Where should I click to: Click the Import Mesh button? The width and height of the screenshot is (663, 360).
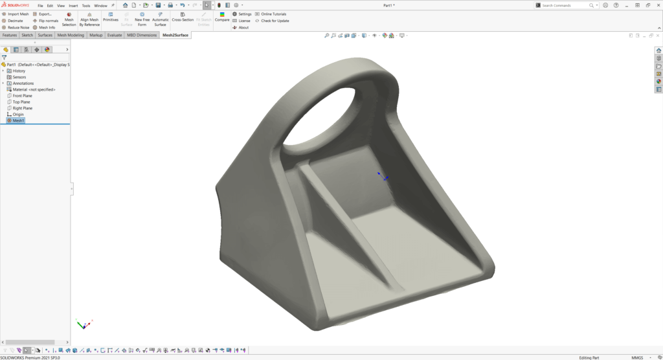[x=16, y=14]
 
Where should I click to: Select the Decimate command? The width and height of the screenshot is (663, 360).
[x=13, y=21]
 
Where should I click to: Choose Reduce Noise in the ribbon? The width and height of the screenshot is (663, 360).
[x=16, y=28]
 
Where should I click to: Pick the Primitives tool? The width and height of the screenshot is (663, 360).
[x=111, y=17]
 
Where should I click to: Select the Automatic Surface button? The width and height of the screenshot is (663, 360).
[x=160, y=20]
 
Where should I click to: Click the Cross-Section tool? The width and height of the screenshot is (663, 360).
[x=183, y=17]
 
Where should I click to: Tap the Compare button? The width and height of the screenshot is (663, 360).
[x=222, y=17]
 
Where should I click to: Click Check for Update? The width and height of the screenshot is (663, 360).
[x=272, y=21]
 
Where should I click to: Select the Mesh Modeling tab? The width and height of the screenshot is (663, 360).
[x=71, y=35]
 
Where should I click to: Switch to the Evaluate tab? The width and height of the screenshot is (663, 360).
[x=115, y=35]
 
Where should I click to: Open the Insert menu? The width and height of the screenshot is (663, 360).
[x=73, y=5]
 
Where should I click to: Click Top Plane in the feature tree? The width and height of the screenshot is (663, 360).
[x=21, y=102]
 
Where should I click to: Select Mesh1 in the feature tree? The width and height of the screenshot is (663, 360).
[x=18, y=120]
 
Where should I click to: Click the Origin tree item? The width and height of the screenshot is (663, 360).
[x=18, y=115]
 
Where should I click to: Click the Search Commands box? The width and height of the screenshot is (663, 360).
[x=563, y=5]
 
